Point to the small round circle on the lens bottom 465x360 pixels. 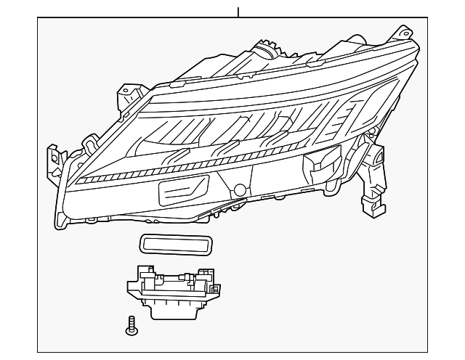pyautogui.click(x=239, y=191)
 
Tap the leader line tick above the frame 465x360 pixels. pyautogui.click(x=238, y=11)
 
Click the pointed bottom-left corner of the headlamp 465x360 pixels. pyautogui.click(x=59, y=225)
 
